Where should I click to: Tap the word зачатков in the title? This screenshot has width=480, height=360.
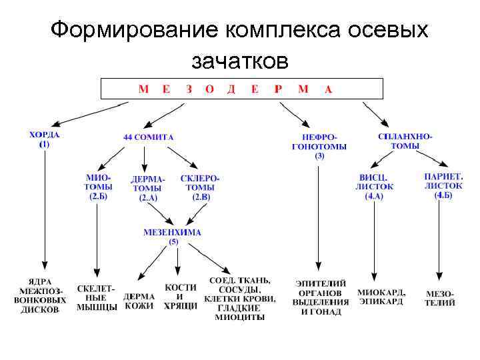click(x=240, y=61)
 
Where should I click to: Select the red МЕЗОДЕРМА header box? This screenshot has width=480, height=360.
click(x=241, y=89)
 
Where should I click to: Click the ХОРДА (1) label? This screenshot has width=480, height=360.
click(x=45, y=139)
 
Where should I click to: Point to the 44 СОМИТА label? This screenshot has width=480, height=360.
click(x=148, y=137)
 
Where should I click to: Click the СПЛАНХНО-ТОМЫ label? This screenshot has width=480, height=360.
click(x=405, y=141)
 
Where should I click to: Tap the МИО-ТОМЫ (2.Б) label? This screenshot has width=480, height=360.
click(x=97, y=187)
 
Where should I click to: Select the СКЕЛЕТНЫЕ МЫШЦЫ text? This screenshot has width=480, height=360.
click(x=97, y=298)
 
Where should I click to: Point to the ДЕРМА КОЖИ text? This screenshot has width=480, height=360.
click(x=139, y=301)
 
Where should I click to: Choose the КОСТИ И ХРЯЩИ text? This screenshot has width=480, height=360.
click(x=181, y=296)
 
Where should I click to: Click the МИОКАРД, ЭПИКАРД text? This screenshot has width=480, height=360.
click(x=381, y=297)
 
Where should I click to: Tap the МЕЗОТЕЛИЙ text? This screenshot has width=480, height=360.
click(x=441, y=298)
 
